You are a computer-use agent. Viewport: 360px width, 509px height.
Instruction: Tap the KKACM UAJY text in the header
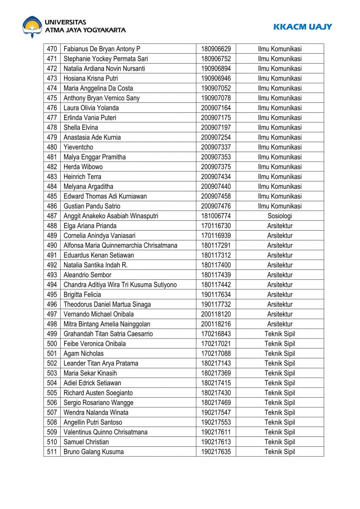302,27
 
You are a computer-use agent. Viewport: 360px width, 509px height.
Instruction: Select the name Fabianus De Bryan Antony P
102,49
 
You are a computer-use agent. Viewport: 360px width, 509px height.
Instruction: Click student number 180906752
216,59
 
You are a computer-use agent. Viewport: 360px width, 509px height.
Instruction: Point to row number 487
52,216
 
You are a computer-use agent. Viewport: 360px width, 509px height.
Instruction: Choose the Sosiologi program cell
279,216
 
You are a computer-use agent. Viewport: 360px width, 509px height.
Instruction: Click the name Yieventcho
78,147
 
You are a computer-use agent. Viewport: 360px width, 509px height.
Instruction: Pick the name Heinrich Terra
82,176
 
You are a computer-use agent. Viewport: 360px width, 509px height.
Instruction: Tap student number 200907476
216,206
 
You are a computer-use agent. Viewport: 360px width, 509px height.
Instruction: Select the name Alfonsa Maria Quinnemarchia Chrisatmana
120,245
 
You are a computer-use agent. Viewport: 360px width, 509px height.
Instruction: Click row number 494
52,284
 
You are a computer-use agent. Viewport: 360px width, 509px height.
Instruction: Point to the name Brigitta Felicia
82,294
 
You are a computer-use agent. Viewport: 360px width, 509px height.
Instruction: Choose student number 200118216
216,324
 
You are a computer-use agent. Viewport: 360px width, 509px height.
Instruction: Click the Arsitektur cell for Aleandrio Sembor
279,275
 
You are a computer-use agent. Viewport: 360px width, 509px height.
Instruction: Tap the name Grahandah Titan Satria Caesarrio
108,334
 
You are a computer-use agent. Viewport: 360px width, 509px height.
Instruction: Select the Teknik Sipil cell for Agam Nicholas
279,353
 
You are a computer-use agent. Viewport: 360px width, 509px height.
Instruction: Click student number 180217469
216,403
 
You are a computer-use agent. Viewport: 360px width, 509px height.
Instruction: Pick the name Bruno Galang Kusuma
93,452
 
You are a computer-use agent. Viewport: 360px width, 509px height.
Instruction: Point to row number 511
52,452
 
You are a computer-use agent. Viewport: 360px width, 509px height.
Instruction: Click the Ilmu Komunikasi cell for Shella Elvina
279,127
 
